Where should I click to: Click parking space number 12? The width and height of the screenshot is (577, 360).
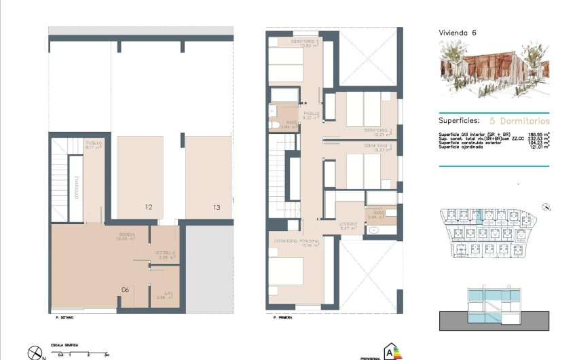[147, 207]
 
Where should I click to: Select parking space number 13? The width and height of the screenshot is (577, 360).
[216, 207]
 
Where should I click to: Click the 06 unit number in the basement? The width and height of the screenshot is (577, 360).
[125, 289]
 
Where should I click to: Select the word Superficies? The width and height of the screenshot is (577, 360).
[460, 118]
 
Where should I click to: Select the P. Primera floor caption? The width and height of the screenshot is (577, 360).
[282, 317]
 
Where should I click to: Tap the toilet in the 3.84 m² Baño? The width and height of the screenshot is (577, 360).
[272, 126]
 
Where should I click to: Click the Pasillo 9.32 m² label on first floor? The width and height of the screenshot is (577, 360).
[311, 115]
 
